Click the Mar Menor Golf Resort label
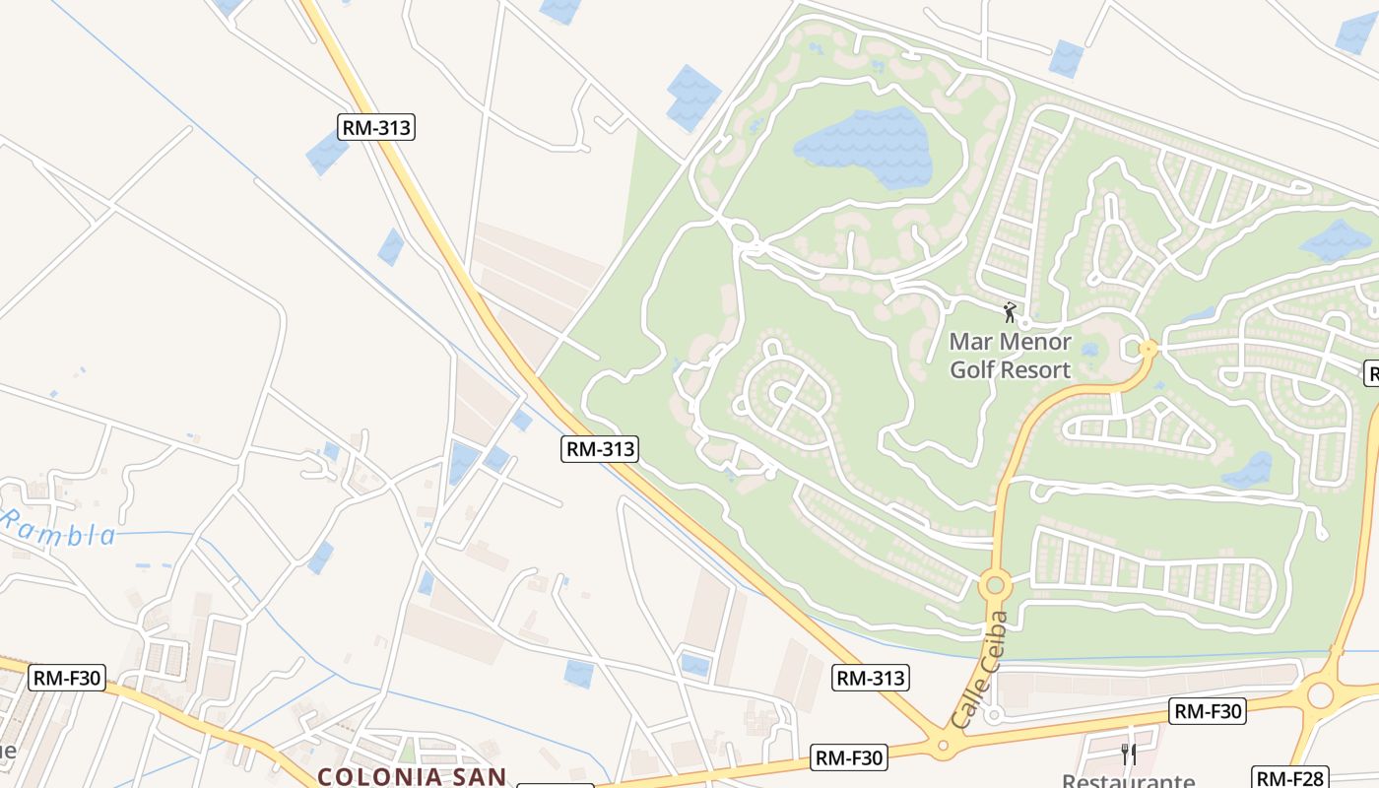click(1010, 356)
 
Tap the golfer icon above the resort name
click(1009, 313)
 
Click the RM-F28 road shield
click(1290, 777)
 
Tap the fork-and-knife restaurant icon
click(1129, 755)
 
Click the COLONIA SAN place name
click(412, 776)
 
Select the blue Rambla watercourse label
click(59, 530)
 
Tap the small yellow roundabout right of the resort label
click(1148, 348)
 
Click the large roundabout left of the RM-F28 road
click(1320, 694)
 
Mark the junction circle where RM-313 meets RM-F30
click(943, 746)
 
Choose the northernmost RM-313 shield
click(375, 127)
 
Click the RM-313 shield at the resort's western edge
click(600, 449)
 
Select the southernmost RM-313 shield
click(871, 678)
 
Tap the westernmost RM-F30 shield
click(68, 678)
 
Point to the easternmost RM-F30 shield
click(1208, 710)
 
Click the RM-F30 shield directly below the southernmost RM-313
click(849, 757)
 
